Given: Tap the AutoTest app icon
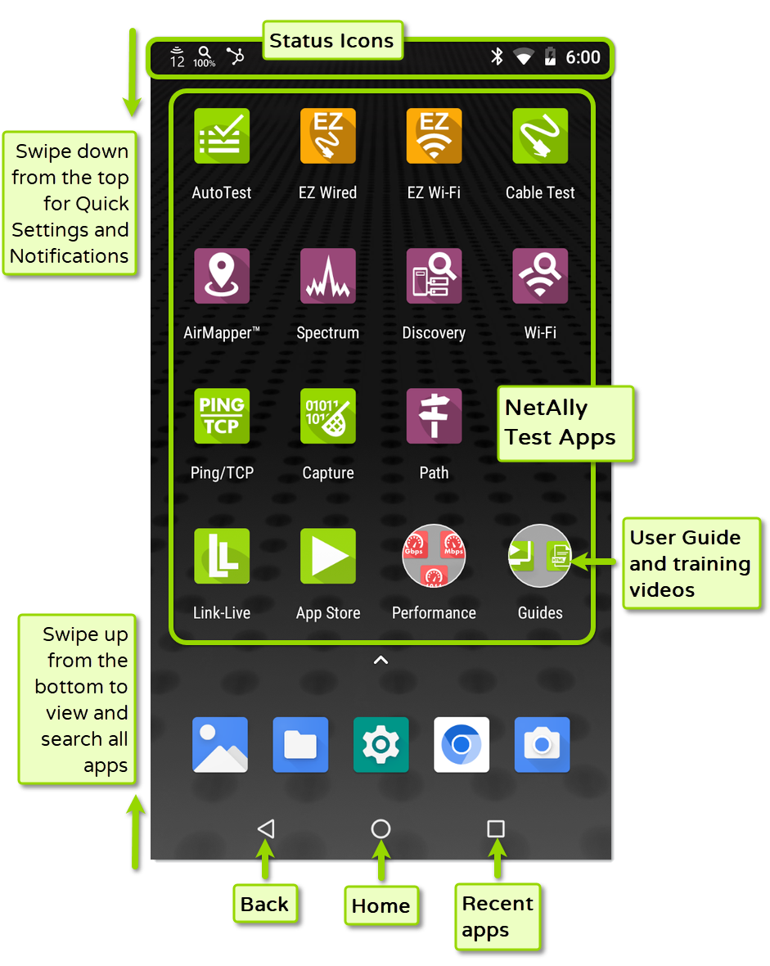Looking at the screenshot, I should [222, 136].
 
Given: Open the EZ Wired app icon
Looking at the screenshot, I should [327, 136].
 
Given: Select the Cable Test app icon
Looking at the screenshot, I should [540, 136].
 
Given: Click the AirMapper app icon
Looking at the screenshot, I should [222, 276].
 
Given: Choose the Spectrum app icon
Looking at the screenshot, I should [327, 276].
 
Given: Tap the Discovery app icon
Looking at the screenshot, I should [434, 276].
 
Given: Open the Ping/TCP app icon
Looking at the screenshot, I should [222, 416].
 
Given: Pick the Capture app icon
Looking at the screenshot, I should [327, 416].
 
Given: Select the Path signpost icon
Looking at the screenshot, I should [434, 416].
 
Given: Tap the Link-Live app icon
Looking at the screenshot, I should [222, 556].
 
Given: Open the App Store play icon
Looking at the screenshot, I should [327, 556].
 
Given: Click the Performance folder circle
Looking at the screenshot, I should [434, 556].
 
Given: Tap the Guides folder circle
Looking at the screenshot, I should [540, 556].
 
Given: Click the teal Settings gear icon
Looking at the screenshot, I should [380, 745].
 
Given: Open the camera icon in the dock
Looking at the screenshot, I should [542, 745].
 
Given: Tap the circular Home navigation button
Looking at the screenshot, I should [380, 828].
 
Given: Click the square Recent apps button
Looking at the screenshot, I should [495, 828].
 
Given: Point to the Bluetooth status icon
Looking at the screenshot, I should [496, 56].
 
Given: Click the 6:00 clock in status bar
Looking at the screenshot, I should [583, 57].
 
